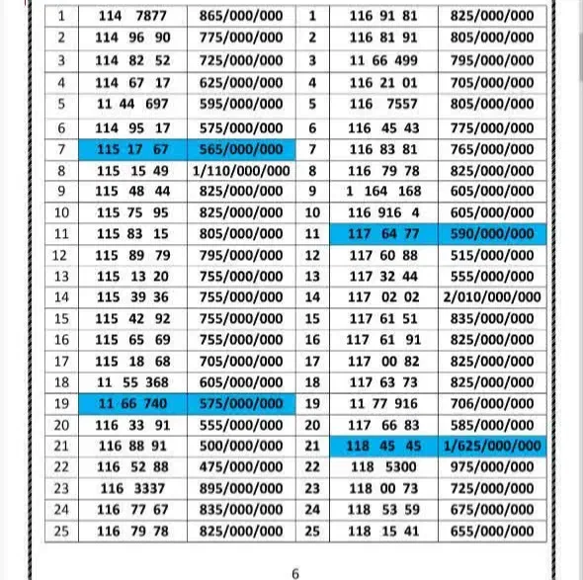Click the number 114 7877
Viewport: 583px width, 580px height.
(133, 16)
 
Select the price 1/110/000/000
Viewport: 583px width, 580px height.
(240, 170)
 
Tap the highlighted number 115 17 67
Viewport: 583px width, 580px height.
(133, 148)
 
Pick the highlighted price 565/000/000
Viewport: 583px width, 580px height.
(240, 148)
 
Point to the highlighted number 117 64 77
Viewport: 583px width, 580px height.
(384, 234)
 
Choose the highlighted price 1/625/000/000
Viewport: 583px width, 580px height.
(493, 446)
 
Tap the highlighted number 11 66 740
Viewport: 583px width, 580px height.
(133, 403)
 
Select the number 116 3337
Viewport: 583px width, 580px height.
(133, 488)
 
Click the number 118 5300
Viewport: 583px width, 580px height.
(384, 466)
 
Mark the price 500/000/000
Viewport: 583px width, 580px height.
(240, 446)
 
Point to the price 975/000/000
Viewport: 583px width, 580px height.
(493, 466)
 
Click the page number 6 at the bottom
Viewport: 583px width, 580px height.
(294, 572)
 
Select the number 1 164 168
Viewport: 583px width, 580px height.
(384, 191)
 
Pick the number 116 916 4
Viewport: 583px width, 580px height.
(384, 212)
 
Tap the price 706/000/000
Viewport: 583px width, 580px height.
(493, 403)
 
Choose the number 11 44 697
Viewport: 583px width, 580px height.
(133, 104)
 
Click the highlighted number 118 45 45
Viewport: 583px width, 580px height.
(384, 446)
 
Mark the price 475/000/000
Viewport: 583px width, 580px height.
(240, 466)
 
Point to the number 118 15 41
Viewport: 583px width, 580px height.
(384, 531)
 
